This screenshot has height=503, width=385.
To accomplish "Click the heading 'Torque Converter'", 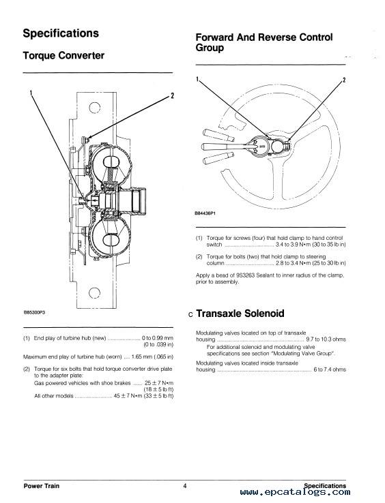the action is click(63, 55).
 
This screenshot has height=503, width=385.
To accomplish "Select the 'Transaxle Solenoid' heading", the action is click(240, 313).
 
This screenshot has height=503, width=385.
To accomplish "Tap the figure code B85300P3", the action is click(34, 312).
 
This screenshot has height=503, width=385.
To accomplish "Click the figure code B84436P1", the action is click(205, 213).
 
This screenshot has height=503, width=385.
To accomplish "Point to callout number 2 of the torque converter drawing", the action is click(172, 95).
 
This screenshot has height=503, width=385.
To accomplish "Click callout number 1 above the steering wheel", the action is click(198, 78).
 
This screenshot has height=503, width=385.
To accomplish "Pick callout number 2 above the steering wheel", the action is click(344, 80).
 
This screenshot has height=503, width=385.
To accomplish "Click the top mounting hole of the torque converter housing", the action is click(94, 107).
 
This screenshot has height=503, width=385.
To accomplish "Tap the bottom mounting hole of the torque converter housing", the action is click(94, 292).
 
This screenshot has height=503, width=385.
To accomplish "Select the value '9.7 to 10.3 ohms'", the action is click(326, 339).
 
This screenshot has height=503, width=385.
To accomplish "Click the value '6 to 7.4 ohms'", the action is click(330, 369).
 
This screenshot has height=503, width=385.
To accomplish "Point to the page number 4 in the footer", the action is click(185, 486).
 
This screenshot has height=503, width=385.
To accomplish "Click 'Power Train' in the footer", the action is click(42, 486).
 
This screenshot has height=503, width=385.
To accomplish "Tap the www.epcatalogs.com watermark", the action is click(295, 492).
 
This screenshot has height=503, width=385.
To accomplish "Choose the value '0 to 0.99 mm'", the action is click(158, 338).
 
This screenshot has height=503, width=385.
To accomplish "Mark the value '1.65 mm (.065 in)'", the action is click(152, 356).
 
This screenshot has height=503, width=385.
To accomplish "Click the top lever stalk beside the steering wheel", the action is click(218, 135).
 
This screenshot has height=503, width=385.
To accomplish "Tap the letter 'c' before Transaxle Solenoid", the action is click(190, 315).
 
